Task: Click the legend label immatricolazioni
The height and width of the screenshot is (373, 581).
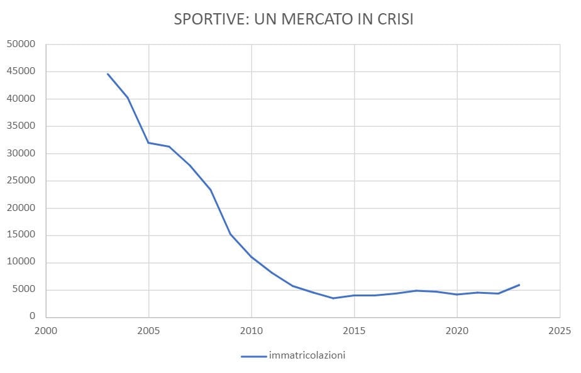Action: (307, 355)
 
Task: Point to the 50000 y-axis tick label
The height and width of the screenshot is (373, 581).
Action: (22, 45)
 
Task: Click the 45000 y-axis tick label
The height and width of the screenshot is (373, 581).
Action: (22, 72)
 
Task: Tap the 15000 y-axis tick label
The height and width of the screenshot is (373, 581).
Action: (22, 235)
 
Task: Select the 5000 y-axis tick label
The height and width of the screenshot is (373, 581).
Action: (25, 290)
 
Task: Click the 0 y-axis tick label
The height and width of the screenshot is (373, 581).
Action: (33, 317)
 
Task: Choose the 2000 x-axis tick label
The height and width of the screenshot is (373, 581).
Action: (47, 330)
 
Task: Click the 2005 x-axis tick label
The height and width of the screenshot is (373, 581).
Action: (149, 330)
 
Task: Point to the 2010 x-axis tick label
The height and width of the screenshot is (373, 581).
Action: (252, 330)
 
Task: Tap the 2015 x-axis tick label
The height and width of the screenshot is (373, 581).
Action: (354, 330)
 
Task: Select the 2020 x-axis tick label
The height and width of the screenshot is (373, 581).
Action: (457, 330)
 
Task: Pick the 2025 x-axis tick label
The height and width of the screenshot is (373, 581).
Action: (560, 330)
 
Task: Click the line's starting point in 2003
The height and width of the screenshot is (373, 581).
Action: (108, 74)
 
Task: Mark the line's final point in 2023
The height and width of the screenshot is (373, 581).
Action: (519, 285)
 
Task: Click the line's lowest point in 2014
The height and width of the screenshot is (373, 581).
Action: (334, 298)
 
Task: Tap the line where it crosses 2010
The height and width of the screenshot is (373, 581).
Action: (252, 257)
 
